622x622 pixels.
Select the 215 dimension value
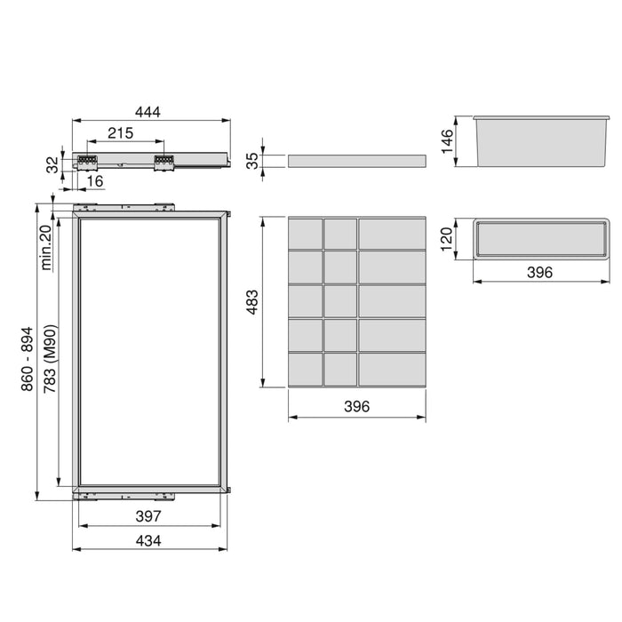point(121,133)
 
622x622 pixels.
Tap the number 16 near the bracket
point(95,180)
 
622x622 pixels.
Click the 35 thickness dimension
point(251,161)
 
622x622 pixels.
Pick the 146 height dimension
point(447,140)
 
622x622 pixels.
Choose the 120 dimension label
point(447,238)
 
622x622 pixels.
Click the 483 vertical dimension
point(251,302)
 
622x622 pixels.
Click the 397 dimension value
point(148,515)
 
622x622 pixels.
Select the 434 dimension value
point(148,539)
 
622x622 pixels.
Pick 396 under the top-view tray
point(539,272)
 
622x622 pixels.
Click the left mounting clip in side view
point(87,163)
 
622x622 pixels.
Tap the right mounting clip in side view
point(163,163)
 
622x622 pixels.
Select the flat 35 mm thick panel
point(356,161)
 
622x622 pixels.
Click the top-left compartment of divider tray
point(305,234)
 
